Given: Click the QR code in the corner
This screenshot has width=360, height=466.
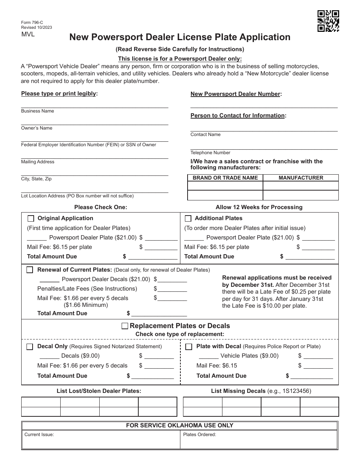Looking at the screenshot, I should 328,21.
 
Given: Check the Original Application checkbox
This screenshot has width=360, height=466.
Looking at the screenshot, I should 31,219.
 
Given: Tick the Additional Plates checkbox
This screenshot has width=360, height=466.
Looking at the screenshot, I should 188,219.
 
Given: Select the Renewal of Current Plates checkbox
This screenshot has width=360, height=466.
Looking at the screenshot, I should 30,270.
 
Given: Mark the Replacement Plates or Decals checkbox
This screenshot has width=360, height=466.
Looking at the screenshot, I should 125,326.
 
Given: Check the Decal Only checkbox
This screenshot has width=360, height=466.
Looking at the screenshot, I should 30,347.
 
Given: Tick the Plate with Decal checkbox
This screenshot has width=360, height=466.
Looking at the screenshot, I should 189,347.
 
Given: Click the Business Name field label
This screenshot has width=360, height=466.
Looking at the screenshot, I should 38,111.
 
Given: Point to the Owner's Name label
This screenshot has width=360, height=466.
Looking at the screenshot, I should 37,128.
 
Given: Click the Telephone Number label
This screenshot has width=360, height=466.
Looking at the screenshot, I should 210,153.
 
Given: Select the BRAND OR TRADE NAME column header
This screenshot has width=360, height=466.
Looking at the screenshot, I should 225,178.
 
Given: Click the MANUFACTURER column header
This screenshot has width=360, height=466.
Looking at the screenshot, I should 301,178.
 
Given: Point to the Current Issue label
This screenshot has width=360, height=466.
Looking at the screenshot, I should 39,435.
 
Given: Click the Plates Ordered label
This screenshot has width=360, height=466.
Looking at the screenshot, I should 199,435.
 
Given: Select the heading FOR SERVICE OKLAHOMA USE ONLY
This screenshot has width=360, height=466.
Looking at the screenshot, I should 180,425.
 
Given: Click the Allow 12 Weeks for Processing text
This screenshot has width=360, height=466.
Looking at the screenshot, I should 259,207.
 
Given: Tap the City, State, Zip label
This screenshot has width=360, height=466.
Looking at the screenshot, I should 36,179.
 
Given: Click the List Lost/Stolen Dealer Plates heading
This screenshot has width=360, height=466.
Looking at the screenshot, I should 99,391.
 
